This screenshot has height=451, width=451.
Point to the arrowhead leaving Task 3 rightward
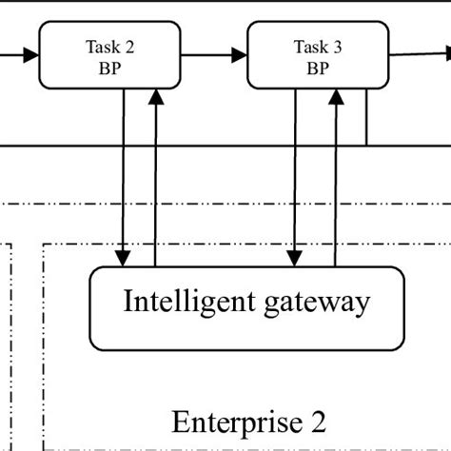(440, 53)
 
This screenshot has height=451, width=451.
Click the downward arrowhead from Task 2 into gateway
(123, 259)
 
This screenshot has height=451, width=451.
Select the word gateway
(313, 304)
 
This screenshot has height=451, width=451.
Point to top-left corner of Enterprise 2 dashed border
(45, 244)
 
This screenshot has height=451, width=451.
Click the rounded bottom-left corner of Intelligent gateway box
(94, 344)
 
